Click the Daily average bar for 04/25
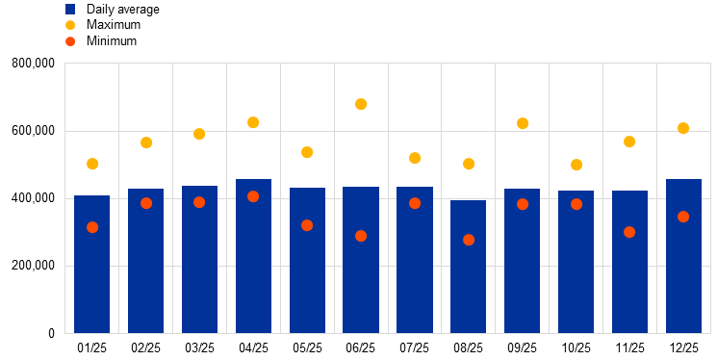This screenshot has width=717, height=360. (253, 256)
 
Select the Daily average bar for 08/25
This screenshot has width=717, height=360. (469, 267)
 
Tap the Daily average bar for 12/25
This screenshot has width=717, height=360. (683, 256)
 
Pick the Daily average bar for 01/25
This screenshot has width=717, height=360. (92, 265)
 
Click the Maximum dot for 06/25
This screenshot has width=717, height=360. (361, 104)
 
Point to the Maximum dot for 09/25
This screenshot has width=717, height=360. (523, 123)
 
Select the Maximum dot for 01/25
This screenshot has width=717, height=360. (92, 164)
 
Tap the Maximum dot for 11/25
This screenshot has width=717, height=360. (629, 141)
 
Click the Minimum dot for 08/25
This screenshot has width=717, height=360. (469, 240)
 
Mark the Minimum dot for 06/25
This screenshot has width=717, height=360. (361, 236)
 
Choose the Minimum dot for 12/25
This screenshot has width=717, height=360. (683, 217)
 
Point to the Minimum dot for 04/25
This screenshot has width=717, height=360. (253, 196)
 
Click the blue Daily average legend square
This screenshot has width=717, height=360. (70, 10)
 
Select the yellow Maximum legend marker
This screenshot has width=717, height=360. (70, 25)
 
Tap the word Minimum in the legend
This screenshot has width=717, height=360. (112, 40)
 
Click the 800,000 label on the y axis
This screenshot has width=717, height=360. (33, 64)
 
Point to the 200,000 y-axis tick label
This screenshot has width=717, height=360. (33, 266)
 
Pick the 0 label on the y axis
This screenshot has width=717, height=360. (51, 333)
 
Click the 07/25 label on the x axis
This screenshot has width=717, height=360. (414, 348)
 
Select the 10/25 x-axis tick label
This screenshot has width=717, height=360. (576, 348)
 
